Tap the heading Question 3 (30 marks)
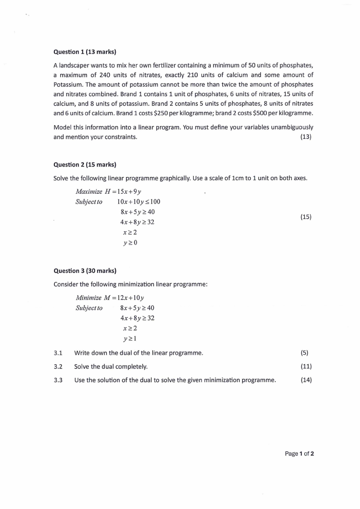tap(85, 271)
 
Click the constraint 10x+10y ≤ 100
tap(138, 202)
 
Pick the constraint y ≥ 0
tap(130, 242)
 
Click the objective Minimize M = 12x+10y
tap(110, 298)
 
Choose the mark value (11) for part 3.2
tap(306, 366)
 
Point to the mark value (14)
tap(306, 380)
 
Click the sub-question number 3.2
tap(58, 366)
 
